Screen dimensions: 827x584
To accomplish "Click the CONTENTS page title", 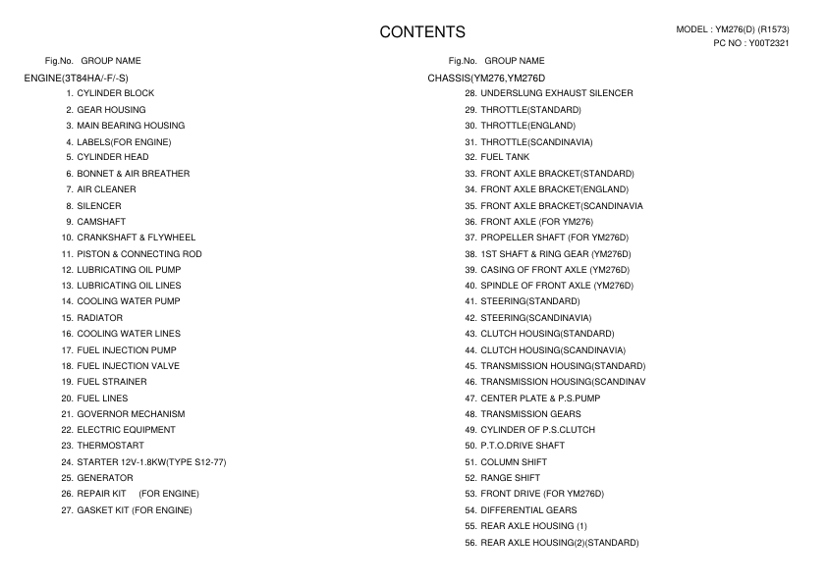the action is point(422,32).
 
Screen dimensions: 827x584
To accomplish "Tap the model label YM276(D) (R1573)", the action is point(733,29).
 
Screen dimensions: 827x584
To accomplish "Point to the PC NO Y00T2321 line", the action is point(751,43).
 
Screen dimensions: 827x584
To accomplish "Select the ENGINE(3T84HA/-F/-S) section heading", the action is point(77,77).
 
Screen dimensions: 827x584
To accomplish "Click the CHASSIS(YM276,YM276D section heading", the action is point(486,77).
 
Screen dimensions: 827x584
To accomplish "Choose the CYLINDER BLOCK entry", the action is point(115,93).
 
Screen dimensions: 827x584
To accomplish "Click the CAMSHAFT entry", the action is point(101,222).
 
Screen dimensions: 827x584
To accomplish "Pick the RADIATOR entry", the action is point(99,318).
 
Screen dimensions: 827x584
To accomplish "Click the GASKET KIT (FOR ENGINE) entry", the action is point(134,510).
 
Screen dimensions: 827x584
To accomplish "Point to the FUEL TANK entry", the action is point(505,157).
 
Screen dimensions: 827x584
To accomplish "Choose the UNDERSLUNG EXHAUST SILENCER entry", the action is point(556,93).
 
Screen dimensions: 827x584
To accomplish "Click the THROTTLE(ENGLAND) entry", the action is point(527,126).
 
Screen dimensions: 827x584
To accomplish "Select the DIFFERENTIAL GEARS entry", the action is point(528,510).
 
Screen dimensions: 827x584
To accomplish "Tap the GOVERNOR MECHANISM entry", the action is point(131,413).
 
